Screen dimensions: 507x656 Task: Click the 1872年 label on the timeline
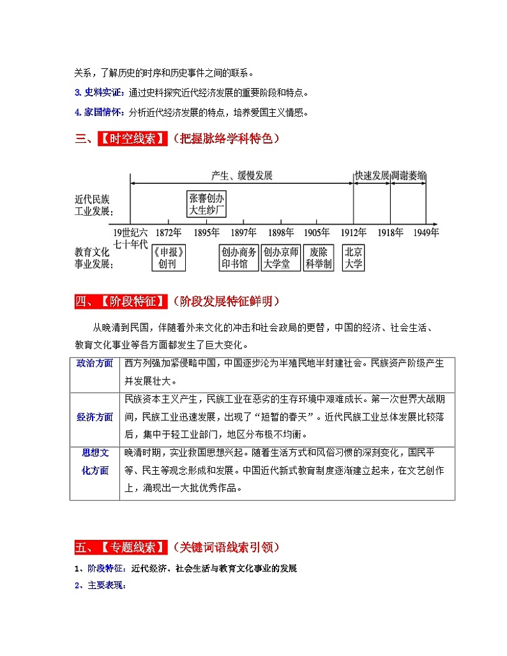tap(169, 232)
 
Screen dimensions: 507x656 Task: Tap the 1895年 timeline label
tap(207, 232)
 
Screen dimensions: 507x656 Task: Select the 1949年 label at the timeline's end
tap(425, 232)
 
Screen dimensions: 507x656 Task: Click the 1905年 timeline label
tap(317, 232)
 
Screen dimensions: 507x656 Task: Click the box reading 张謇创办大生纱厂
tap(207, 204)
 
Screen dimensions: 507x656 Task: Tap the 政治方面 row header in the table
tap(95, 363)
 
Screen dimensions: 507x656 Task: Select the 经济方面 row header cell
tap(95, 417)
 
